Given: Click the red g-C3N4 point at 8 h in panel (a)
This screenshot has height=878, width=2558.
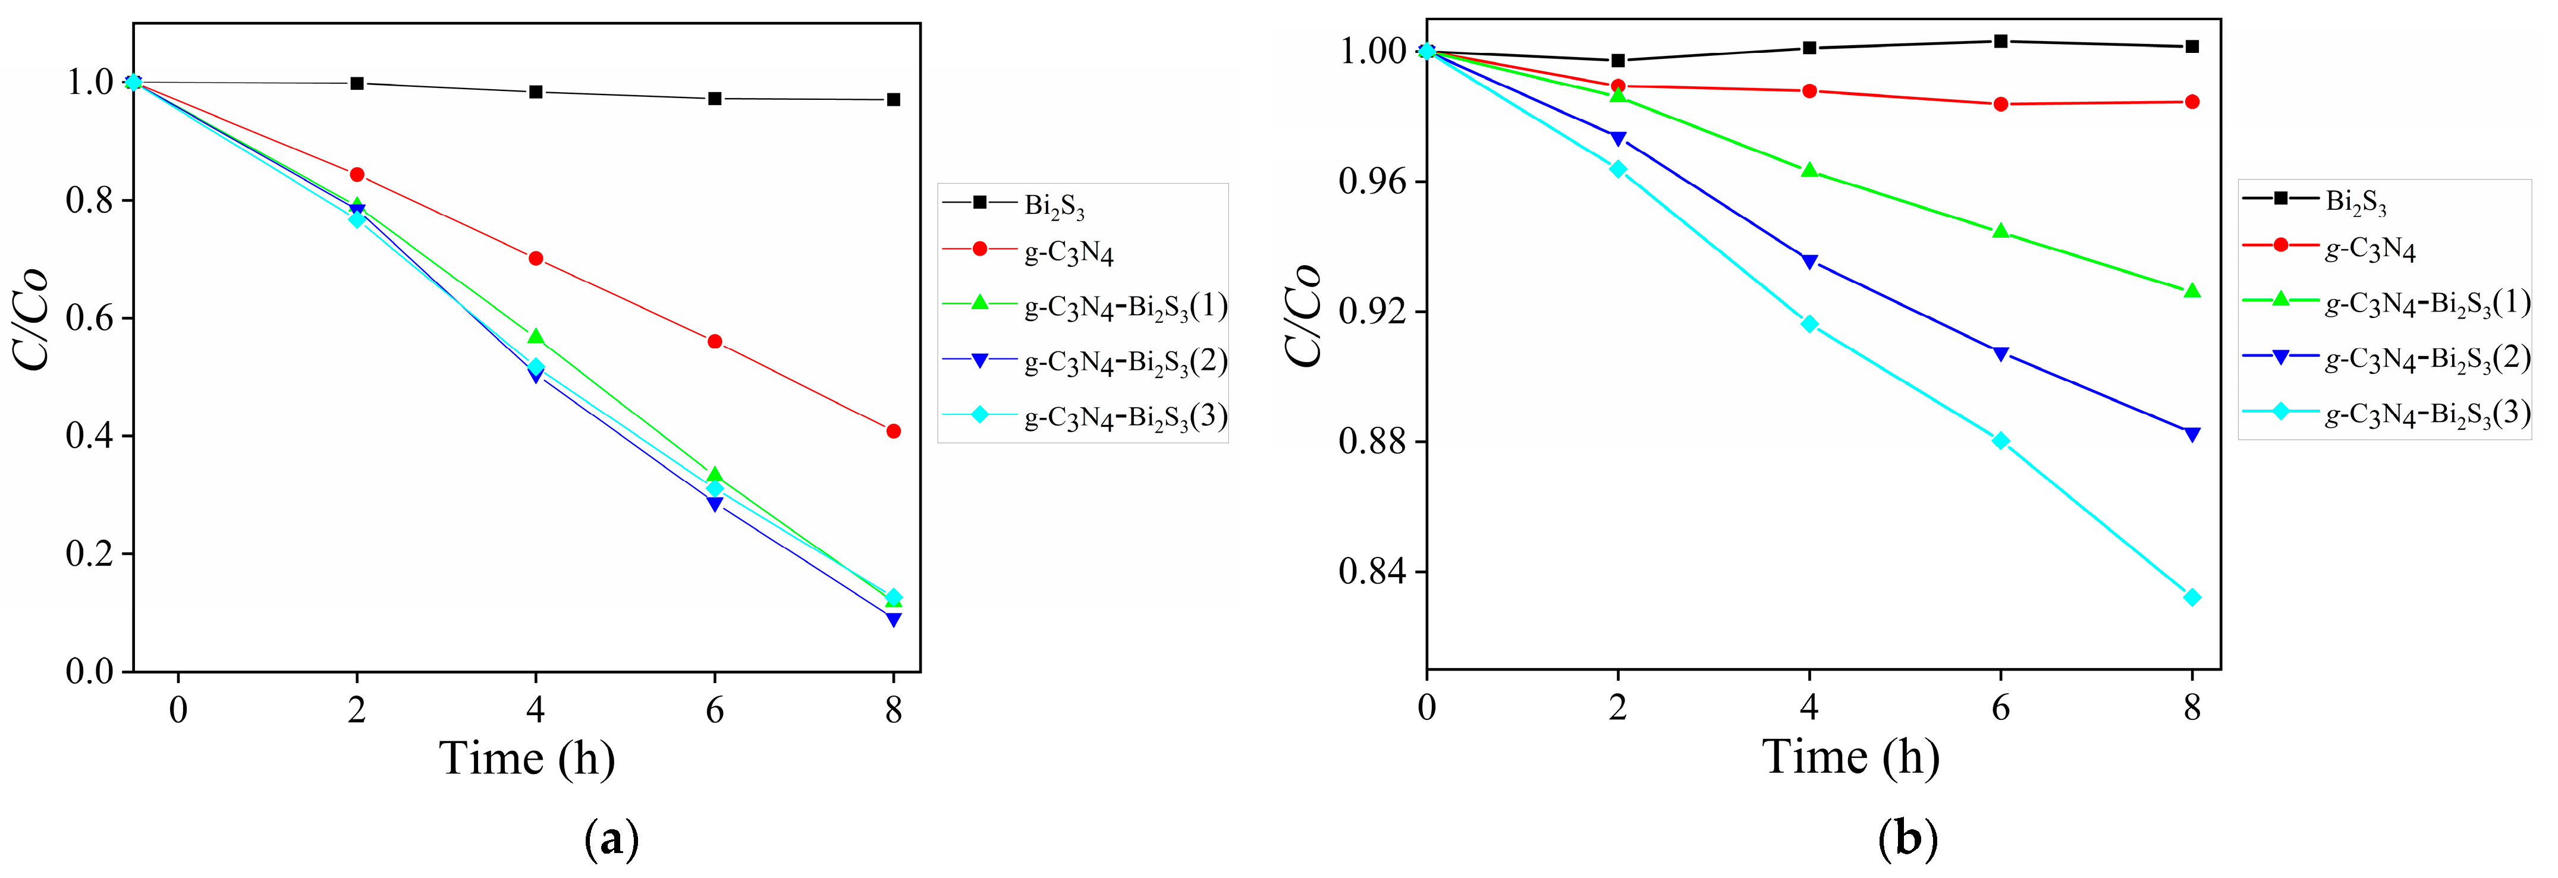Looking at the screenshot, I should [x=894, y=431].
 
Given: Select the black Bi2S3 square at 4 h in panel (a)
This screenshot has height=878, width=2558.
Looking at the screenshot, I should [x=536, y=92].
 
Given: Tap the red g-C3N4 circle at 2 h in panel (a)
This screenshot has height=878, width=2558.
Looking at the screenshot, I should [x=357, y=175].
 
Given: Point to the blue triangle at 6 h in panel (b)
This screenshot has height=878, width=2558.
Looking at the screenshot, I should [x=2001, y=354].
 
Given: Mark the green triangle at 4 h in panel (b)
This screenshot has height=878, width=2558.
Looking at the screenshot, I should [x=1809, y=171].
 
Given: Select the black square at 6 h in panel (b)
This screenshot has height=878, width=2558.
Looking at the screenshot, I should [x=2001, y=41].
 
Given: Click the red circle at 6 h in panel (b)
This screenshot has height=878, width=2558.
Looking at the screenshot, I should [x=2001, y=104].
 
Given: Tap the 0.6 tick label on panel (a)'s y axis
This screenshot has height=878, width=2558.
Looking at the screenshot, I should [x=89, y=318].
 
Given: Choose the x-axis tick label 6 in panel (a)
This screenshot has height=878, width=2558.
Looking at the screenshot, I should [x=715, y=710].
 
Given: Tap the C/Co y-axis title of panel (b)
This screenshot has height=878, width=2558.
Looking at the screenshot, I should [x=1304, y=316].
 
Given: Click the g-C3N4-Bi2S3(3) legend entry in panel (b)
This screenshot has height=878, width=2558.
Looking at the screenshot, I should [x=2427, y=413].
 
